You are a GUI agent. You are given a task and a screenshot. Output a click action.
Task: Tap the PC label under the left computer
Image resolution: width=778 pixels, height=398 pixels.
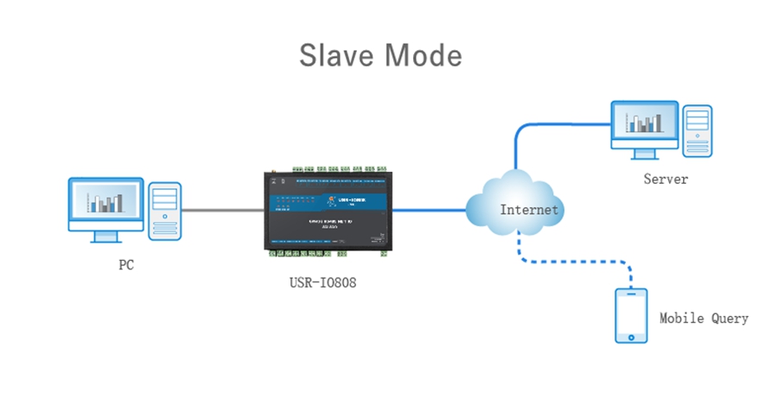tap(126, 265)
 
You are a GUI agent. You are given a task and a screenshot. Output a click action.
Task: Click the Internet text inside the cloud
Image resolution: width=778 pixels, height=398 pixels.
tap(530, 210)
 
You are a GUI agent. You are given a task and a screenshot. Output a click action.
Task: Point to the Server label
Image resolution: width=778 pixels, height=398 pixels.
tap(666, 180)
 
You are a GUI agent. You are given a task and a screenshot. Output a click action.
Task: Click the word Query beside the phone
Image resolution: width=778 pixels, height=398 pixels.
tap(730, 319)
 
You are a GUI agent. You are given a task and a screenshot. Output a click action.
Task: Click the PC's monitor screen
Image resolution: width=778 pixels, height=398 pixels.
tap(105, 202)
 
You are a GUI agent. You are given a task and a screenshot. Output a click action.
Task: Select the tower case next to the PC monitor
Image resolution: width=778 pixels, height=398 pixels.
tap(164, 211)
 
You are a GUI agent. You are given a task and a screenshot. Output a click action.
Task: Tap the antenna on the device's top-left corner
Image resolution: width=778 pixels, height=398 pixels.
tap(269, 178)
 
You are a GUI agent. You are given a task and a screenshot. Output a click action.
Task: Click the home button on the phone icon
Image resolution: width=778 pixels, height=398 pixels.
tap(630, 336)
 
